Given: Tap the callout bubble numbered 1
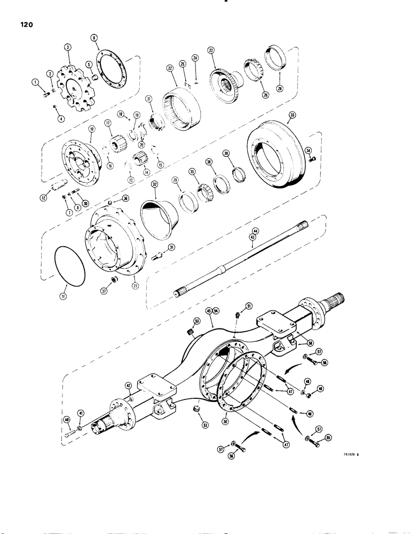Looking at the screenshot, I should (x=35, y=82).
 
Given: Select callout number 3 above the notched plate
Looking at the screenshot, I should (x=67, y=48).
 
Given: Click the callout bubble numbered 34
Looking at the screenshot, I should (x=308, y=151).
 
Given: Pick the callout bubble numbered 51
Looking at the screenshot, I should (x=248, y=305).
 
